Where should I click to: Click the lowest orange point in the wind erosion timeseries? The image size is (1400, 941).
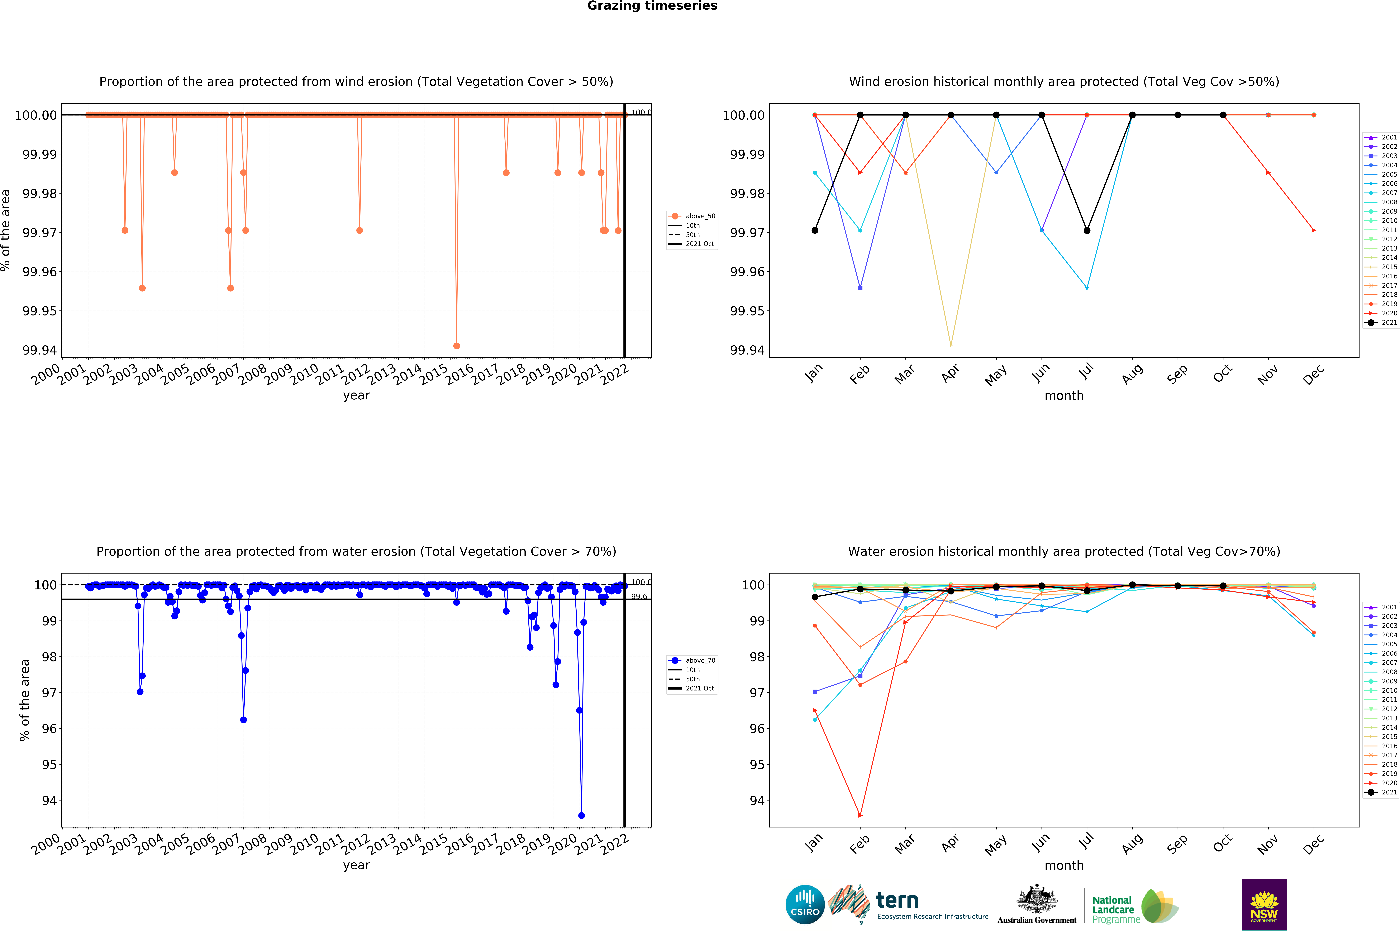coord(457,346)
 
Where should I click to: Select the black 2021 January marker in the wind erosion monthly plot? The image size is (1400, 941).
coord(815,231)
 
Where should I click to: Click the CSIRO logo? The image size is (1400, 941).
coord(805,904)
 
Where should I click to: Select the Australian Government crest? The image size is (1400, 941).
coord(1037,899)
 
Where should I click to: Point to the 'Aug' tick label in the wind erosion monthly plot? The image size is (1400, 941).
coord(1132,375)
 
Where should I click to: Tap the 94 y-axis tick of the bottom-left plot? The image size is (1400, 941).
coord(49,801)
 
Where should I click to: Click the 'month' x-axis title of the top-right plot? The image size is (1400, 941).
coord(1064,396)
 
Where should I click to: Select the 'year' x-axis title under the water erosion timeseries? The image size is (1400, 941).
coord(356,865)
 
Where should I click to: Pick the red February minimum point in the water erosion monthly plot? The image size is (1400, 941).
coord(861,816)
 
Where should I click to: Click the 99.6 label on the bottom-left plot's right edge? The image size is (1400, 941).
coord(639,597)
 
